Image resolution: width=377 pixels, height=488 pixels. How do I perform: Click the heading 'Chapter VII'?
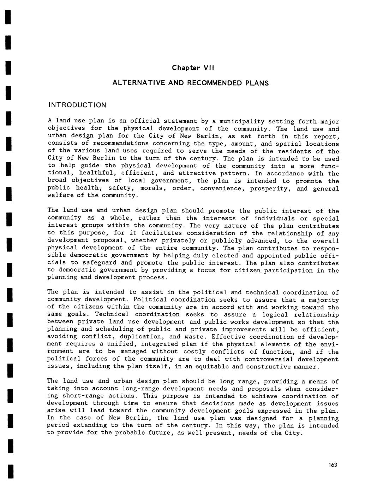[193, 68]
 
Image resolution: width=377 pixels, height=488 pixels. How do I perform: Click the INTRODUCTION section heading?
[77, 105]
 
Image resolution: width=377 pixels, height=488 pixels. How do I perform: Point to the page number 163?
[332, 465]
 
